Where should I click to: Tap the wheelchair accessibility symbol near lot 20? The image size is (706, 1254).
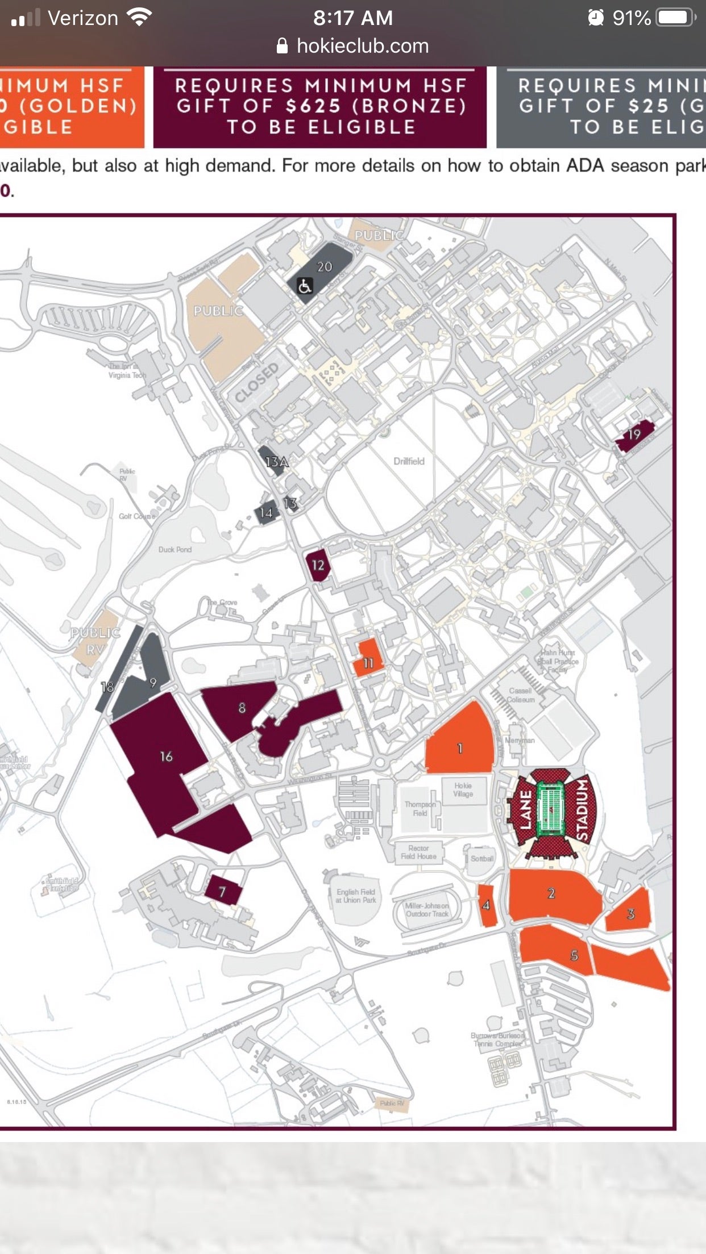pos(305,286)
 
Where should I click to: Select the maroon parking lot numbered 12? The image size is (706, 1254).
pos(318,565)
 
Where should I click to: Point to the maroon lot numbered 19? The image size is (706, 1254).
pos(634,435)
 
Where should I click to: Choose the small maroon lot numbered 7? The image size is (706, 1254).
pos(223,891)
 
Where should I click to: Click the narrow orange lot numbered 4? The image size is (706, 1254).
pos(487,905)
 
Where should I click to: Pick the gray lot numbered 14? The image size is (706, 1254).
pos(266,513)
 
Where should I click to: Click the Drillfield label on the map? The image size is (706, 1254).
pos(409,461)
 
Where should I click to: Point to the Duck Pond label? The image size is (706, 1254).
pos(175,550)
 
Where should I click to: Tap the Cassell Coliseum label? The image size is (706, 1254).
pos(521,695)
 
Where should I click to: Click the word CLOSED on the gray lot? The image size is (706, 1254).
pos(257,383)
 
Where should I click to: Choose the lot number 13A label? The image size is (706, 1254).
pos(276,462)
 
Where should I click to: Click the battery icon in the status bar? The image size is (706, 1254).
pos(675,18)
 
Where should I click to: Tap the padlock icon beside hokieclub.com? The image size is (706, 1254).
pos(282,46)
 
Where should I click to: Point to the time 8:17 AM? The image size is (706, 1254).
pos(352,18)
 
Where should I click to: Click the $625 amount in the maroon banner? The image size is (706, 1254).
pos(313,106)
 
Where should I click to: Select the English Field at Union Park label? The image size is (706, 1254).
pos(356,896)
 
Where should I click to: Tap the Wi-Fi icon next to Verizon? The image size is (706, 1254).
pos(139,18)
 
